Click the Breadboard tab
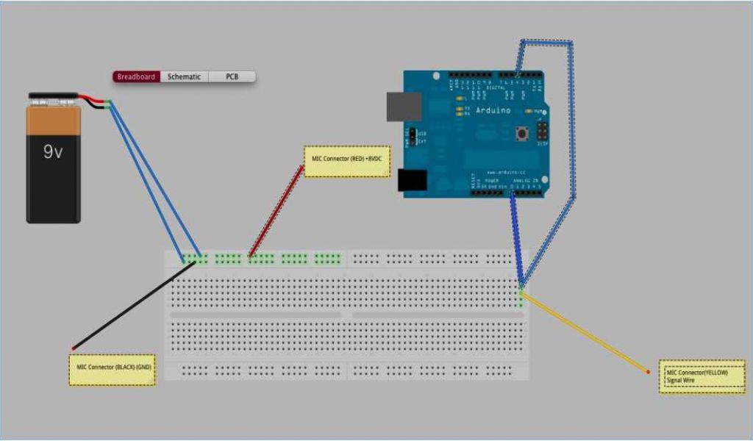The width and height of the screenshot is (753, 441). click(136, 76)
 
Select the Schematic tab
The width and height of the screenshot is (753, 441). click(184, 76)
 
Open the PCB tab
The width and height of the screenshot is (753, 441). click(232, 76)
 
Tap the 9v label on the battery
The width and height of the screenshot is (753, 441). click(53, 152)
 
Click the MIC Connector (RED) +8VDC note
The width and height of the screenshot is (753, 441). click(347, 162)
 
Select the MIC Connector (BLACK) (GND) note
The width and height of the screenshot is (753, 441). click(113, 370)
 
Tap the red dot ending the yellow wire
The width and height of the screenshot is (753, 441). click(648, 372)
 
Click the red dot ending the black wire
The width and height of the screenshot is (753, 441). click(73, 347)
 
